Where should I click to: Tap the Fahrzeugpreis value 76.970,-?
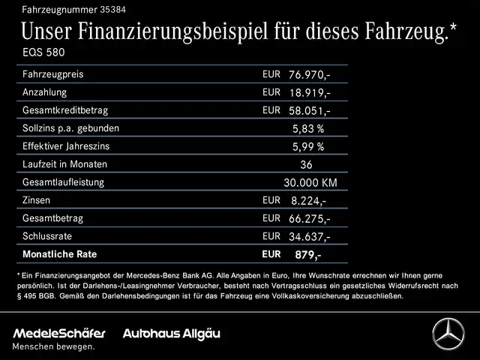coord(309,75)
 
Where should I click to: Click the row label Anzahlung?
coord(45,92)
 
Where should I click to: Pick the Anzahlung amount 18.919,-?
coord(309,93)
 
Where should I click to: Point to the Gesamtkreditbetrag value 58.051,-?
coord(309,111)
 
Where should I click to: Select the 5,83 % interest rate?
coord(308,128)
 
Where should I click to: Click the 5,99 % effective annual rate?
coord(308,146)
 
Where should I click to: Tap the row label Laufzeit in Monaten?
coord(64,164)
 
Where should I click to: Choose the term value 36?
coord(305,164)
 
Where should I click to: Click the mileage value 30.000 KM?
coord(310,182)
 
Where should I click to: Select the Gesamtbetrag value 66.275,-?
coord(309,218)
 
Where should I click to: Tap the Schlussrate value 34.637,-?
coord(309,236)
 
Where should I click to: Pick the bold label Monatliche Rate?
coord(60,254)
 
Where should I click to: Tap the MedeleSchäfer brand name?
coord(59,332)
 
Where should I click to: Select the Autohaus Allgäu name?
coord(171,332)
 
